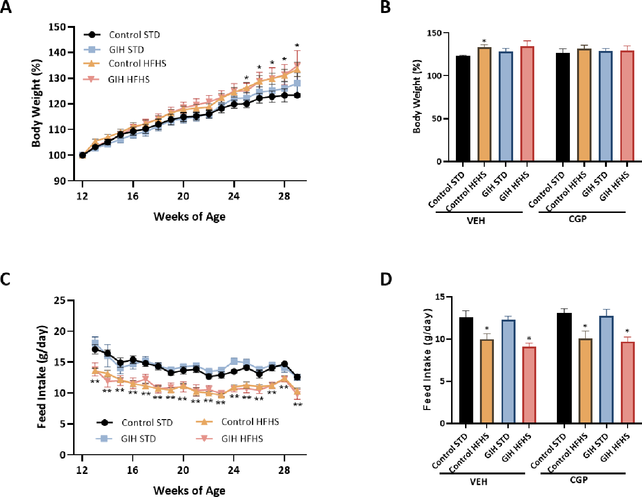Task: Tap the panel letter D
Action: pos(386,279)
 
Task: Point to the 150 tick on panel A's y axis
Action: pos(57,27)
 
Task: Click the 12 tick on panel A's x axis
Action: pos(82,196)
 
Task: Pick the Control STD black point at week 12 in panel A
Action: pos(82,155)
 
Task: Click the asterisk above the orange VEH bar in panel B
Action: pos(484,41)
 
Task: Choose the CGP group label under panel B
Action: pos(578,219)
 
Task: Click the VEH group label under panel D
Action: pos(478,481)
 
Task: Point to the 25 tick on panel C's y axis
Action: pos(60,300)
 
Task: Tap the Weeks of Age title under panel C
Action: pos(189,490)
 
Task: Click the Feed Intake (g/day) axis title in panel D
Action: pos(427,360)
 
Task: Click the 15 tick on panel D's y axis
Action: pos(440,297)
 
